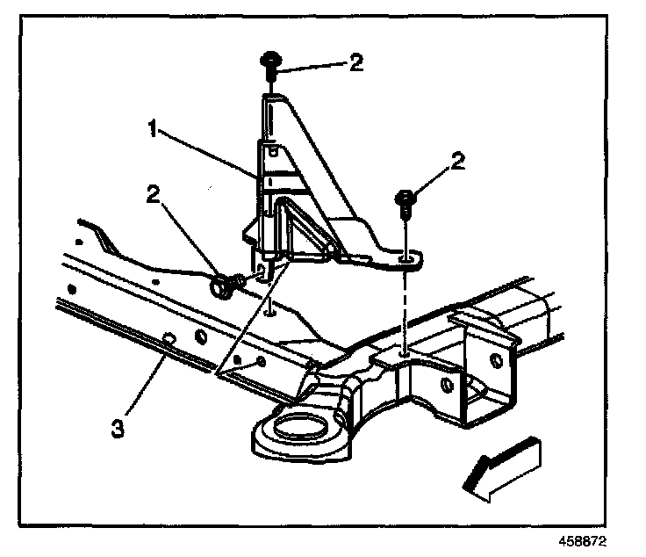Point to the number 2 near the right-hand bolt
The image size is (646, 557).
457,163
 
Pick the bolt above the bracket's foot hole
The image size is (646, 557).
406,202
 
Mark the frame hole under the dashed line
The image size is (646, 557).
403,353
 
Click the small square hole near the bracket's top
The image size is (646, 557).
273,149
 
